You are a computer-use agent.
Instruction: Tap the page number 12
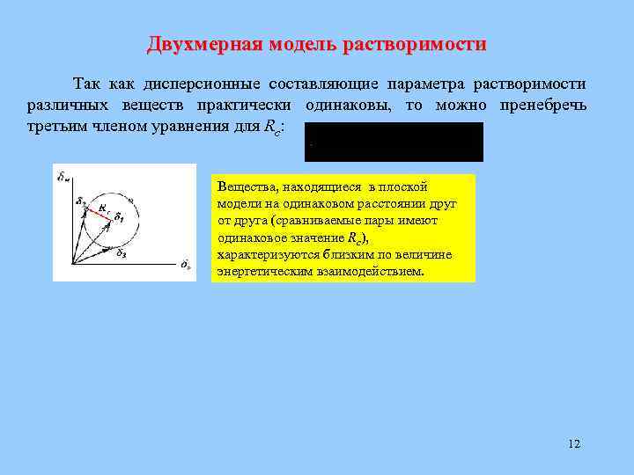tap(574, 443)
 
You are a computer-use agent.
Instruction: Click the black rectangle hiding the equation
tap(394, 142)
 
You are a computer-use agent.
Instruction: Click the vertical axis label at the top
tap(63, 176)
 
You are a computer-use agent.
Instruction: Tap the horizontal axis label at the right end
tap(186, 264)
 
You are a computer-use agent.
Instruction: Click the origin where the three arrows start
tap(70, 262)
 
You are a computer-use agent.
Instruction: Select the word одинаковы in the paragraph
tap(348, 106)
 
